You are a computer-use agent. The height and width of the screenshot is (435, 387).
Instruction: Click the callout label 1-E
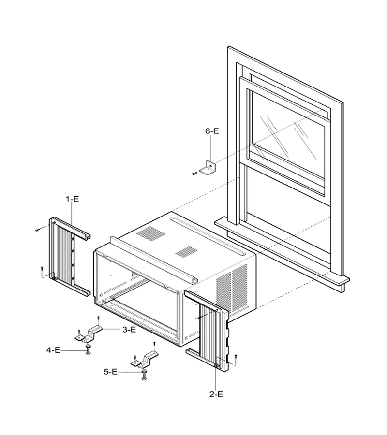(x=72, y=199)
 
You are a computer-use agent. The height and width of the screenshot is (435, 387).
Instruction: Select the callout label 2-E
(x=216, y=394)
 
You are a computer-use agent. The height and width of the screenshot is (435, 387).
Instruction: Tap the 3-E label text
(x=129, y=330)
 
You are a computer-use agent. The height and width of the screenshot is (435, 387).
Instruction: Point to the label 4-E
(x=53, y=350)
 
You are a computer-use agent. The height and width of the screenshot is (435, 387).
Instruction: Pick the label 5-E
(x=110, y=372)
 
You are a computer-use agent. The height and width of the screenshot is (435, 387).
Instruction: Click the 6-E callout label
(x=212, y=131)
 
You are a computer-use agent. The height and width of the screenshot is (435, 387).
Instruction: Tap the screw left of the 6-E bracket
(x=194, y=174)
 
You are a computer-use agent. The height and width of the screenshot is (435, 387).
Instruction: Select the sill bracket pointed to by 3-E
(x=89, y=334)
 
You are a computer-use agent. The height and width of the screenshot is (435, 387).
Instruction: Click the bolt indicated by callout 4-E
(x=88, y=349)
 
